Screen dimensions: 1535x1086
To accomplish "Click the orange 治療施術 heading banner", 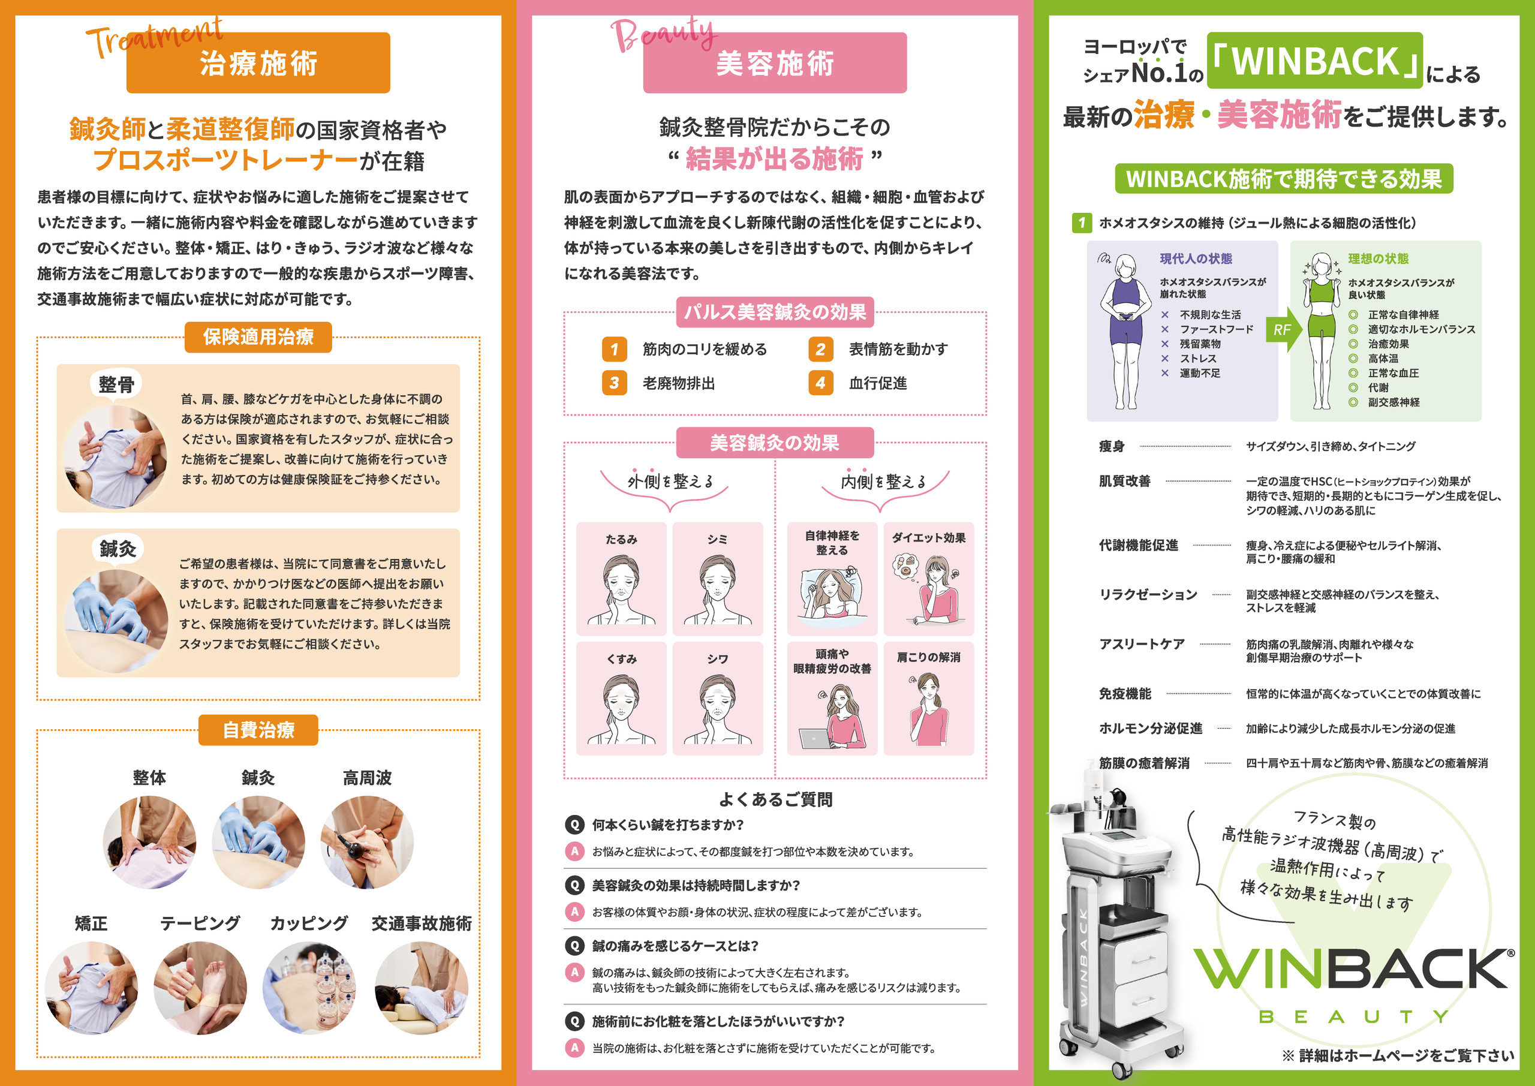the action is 258,62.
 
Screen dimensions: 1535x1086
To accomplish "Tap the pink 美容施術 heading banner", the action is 775,62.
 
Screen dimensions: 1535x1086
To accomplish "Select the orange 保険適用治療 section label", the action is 258,336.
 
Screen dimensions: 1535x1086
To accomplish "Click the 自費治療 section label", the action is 258,730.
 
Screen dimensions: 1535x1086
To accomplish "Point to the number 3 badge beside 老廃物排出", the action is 615,383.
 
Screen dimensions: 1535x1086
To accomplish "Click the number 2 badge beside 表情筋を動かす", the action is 820,349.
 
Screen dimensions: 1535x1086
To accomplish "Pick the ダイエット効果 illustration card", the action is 929,579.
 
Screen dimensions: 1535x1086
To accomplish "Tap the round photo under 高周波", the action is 367,843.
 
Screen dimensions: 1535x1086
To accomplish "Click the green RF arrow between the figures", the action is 1283,329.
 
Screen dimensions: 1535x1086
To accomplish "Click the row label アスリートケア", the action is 1142,644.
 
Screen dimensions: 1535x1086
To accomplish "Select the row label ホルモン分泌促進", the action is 1151,728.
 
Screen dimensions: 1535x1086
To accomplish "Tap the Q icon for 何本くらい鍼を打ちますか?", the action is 574,825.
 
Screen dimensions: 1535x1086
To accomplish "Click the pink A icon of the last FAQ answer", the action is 574,1048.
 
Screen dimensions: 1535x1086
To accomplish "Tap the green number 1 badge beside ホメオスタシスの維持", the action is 1081,222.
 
